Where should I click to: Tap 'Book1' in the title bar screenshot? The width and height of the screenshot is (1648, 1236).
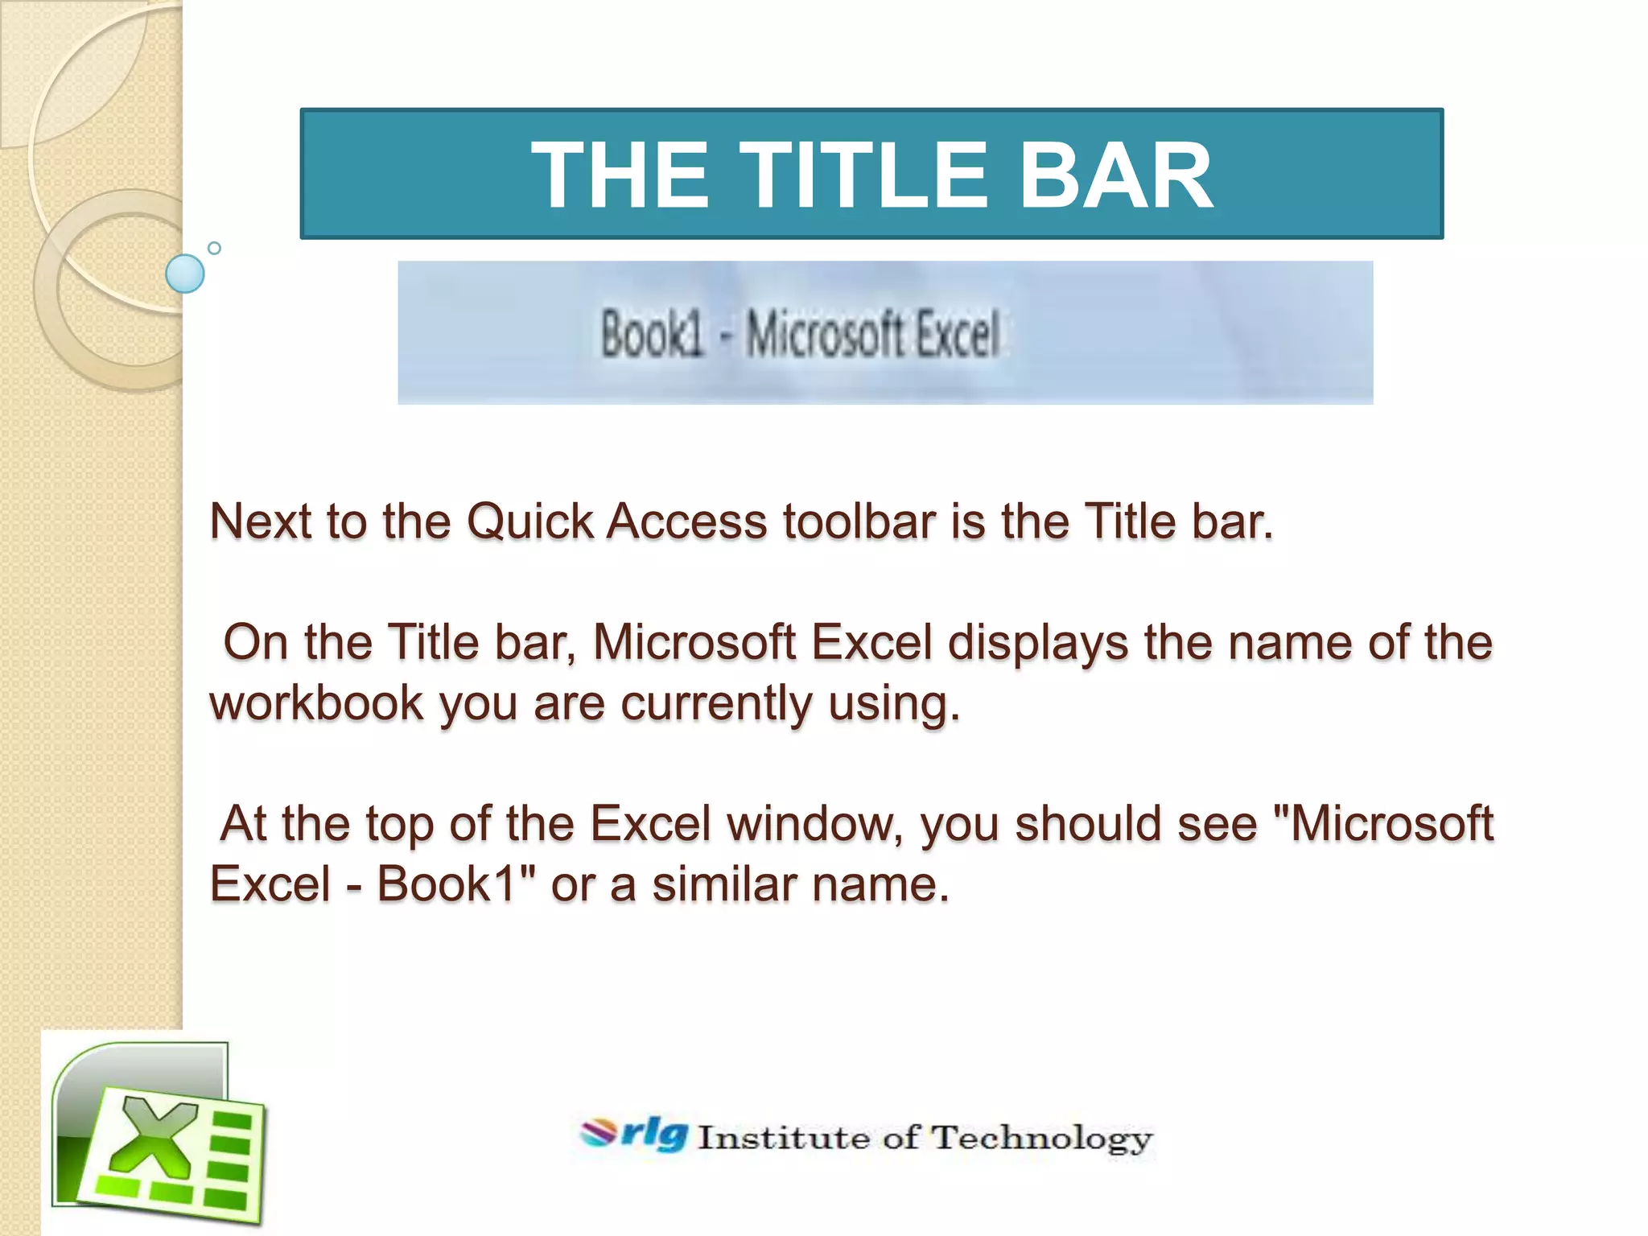point(653,334)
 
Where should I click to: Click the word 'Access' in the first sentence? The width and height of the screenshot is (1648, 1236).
point(686,522)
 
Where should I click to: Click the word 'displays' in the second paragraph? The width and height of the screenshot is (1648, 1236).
point(1037,643)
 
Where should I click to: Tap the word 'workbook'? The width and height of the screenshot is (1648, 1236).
point(316,703)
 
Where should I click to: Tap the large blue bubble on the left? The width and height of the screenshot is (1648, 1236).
point(184,274)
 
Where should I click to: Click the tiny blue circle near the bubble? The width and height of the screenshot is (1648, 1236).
point(214,248)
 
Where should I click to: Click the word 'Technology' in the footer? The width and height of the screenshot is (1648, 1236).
point(1042,1139)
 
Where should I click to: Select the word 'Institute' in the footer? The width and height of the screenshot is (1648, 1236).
point(783,1138)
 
